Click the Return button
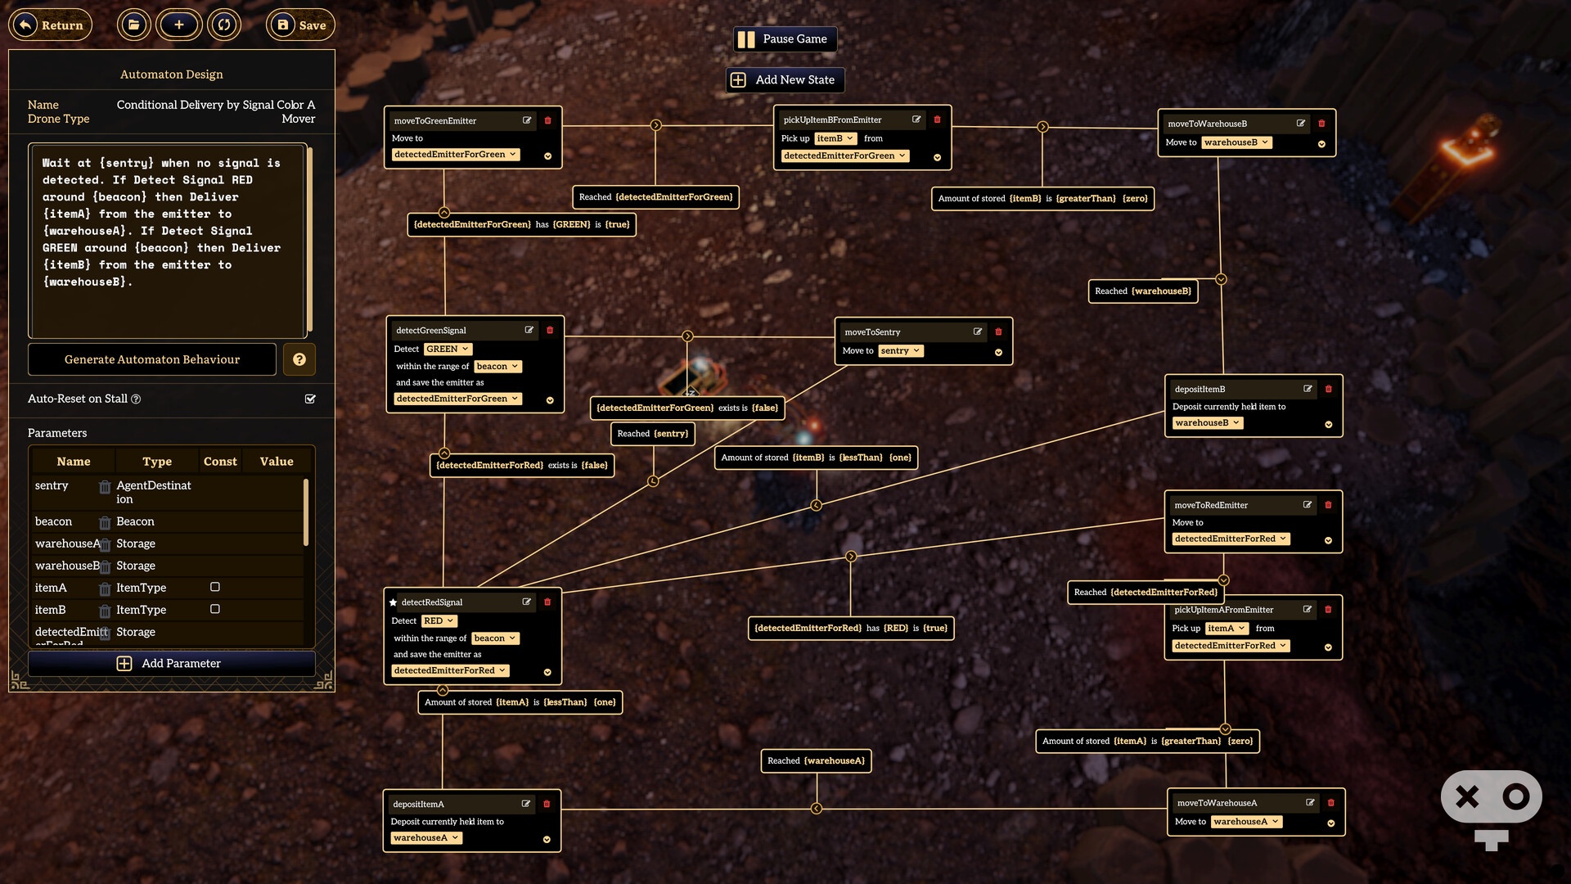[x=51, y=25]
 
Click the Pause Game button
[x=785, y=38]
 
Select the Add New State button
[x=785, y=79]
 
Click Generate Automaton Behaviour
[x=152, y=359]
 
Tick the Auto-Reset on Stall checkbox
[x=310, y=399]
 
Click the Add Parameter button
[x=171, y=663]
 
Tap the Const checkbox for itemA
[x=215, y=587]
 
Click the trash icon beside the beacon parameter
[x=105, y=522]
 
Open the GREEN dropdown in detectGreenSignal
[x=448, y=349]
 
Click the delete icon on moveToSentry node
[x=998, y=331]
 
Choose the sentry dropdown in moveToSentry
[x=901, y=350]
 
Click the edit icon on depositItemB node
[x=1308, y=389]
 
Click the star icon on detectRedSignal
[x=393, y=602]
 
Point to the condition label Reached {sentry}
[x=653, y=434]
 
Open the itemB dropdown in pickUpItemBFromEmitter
[x=835, y=138]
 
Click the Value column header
[x=277, y=462]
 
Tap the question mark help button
[x=299, y=359]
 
